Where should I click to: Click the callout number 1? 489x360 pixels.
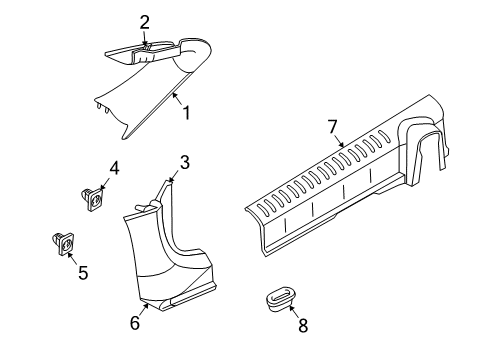tap(184, 113)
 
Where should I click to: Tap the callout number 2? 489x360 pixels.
tap(145, 22)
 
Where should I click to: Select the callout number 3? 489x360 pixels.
tap(184, 161)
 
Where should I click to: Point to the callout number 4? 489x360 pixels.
tap(114, 169)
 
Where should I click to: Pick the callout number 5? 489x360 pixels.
tap(82, 272)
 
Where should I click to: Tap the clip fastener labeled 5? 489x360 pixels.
tap(62, 241)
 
